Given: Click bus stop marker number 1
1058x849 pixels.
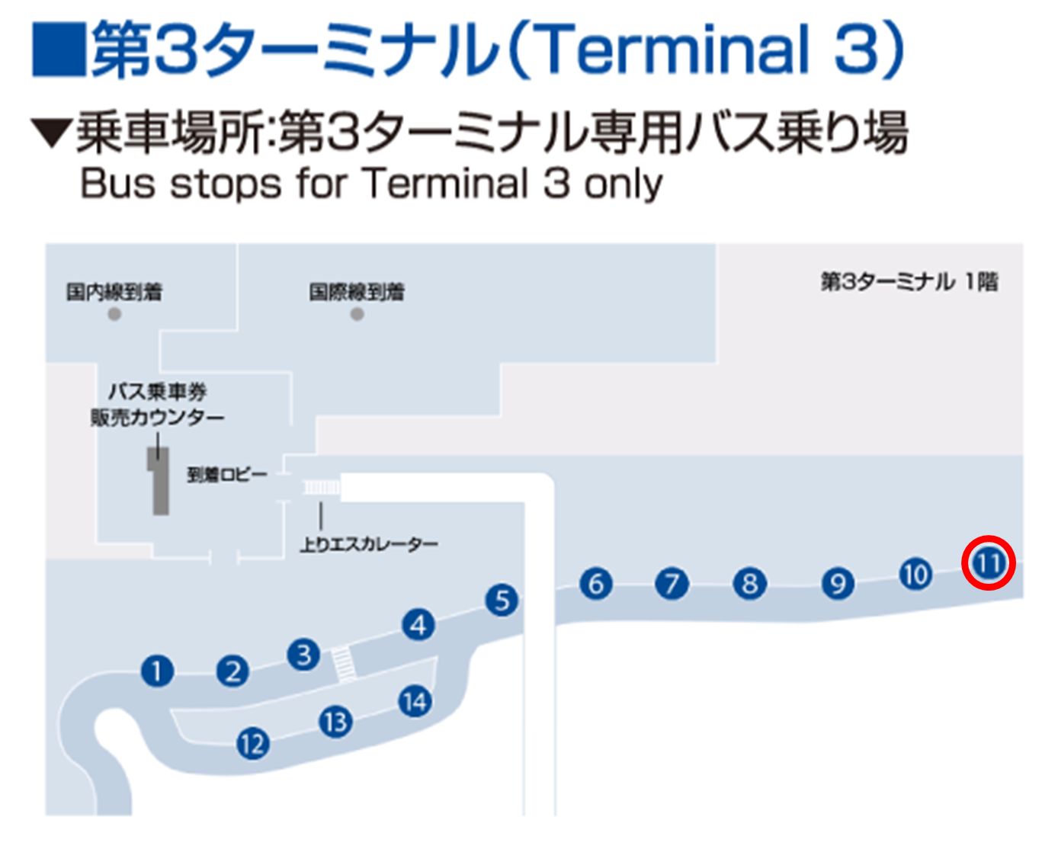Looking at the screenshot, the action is (157, 671).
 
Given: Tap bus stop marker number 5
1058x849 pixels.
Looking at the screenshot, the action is (502, 601).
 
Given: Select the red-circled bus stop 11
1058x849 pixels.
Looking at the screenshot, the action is (989, 563).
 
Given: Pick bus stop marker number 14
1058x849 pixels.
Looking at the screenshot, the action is (415, 701).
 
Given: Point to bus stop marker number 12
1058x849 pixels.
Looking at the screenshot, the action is (253, 743).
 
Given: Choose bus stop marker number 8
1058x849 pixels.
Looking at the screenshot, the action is (749, 584).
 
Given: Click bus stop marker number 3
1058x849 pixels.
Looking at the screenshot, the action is (303, 655).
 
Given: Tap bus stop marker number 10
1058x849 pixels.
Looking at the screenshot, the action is (915, 575).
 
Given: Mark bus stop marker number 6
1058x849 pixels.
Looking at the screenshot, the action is (596, 584).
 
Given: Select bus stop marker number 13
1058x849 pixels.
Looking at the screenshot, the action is (335, 721).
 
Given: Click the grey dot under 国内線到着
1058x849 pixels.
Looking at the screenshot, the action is (114, 314).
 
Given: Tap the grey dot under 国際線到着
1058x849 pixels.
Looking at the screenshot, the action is (357, 314).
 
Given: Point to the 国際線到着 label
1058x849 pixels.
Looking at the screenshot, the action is (357, 291).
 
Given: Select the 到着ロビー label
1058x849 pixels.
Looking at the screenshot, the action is (227, 475).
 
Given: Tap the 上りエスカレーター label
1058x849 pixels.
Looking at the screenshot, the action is (369, 544).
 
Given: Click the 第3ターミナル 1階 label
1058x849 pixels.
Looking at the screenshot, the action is (909, 282).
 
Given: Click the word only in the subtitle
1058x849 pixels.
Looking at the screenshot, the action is (624, 184).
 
